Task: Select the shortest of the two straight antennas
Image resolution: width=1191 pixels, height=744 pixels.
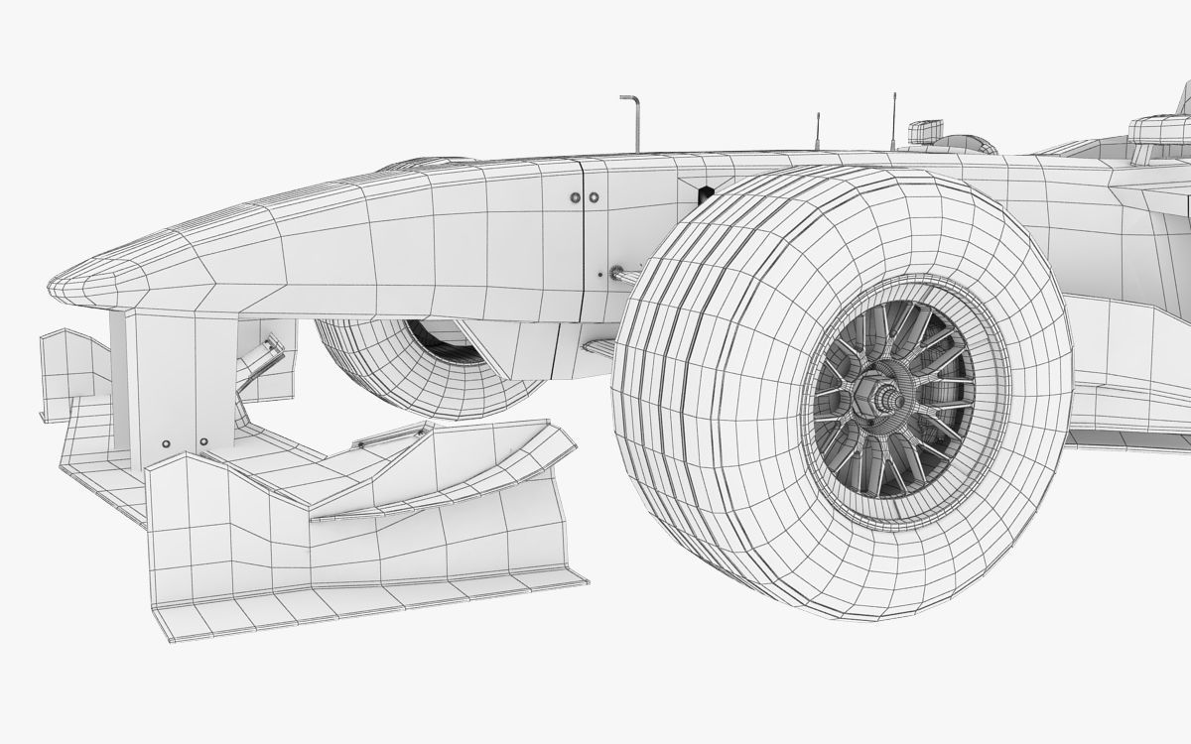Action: click(x=817, y=131)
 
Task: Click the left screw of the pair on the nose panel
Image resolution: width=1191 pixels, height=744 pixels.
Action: click(x=576, y=197)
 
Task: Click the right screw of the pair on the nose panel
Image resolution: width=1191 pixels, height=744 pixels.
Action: click(x=594, y=197)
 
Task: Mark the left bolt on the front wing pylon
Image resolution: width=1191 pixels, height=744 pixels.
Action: click(x=165, y=442)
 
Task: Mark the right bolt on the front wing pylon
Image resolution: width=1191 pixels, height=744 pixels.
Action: click(x=203, y=441)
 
